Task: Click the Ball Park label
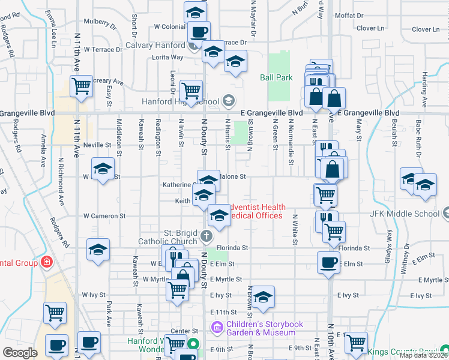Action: tap(276, 77)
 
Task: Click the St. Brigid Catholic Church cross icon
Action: tap(206, 235)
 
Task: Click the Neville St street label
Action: tap(97, 145)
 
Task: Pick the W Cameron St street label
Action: tap(104, 215)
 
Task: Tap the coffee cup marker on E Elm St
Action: tap(328, 262)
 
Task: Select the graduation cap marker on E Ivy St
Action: tap(262, 296)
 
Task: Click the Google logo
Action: tap(20, 353)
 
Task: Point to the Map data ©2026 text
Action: tap(424, 355)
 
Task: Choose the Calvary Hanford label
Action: tap(155, 45)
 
